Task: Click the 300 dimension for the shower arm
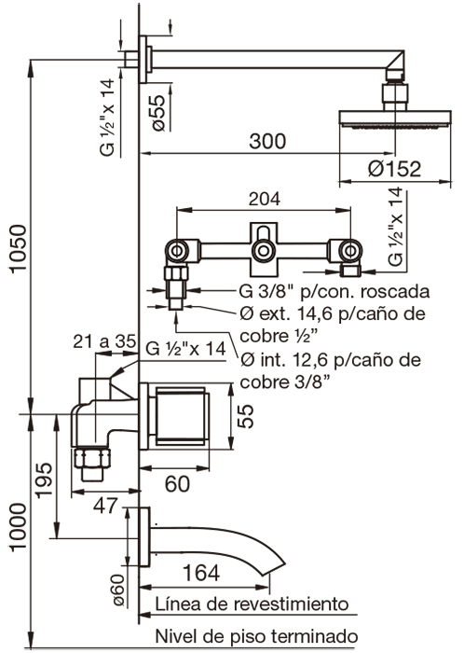pos(268,142)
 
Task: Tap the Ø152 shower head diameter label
pos(393,169)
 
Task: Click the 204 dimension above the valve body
pos(265,200)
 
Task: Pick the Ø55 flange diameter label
pos(157,112)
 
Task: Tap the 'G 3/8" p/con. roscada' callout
pos(321,289)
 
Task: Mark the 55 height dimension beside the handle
pos(244,414)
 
